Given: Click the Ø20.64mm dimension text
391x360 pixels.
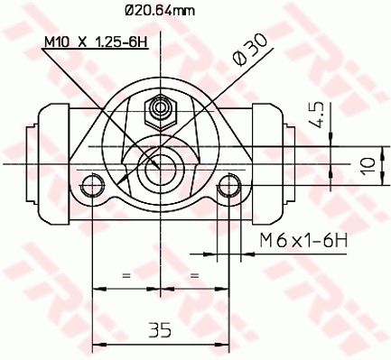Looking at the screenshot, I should click(x=159, y=12).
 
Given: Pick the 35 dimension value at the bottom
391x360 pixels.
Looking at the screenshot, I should click(x=160, y=330).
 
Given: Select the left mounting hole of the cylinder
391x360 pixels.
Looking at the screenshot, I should click(x=93, y=188).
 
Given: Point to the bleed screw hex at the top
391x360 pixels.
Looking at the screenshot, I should click(x=161, y=110).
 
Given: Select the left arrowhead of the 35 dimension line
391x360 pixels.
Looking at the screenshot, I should click(x=98, y=346).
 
